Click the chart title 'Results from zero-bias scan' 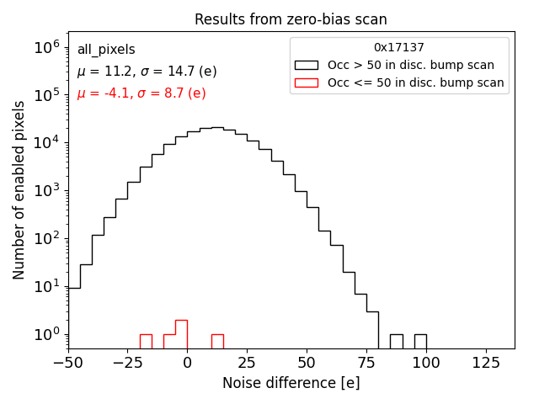[291, 19]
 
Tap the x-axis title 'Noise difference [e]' [291, 383]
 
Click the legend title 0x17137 [399, 47]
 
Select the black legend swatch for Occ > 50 [306, 65]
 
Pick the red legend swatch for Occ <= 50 [306, 82]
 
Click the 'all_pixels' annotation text [106, 50]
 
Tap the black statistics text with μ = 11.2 [147, 72]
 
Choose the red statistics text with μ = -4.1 [141, 93]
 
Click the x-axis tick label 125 [485, 363]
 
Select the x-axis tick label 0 [187, 363]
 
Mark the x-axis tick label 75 [366, 363]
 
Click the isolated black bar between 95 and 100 [419, 342]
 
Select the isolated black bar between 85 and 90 [396, 342]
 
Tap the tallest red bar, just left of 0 [181, 334]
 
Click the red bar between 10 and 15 [217, 342]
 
